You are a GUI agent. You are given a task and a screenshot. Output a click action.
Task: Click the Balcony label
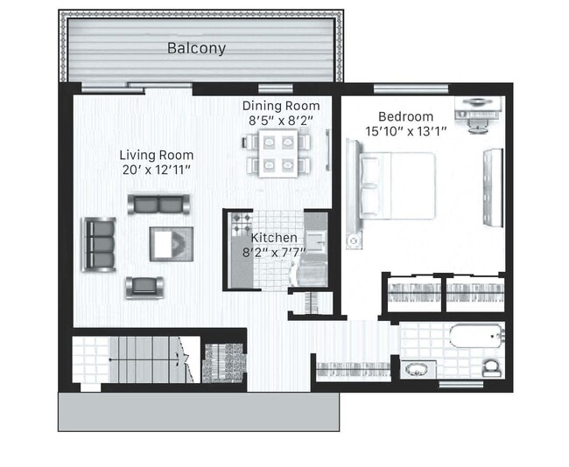pyautogui.click(x=196, y=48)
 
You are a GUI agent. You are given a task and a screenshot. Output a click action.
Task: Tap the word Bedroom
pyautogui.click(x=405, y=116)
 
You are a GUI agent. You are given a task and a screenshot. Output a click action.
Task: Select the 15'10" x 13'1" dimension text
pyautogui.click(x=405, y=131)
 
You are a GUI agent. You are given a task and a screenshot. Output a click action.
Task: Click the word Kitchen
pyautogui.click(x=274, y=238)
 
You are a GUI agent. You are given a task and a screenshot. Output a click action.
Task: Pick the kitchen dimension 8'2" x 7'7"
pyautogui.click(x=274, y=253)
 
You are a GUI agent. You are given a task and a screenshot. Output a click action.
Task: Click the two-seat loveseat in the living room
pyautogui.click(x=158, y=204)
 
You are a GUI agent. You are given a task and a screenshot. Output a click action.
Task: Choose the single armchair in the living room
pyautogui.click(x=144, y=286)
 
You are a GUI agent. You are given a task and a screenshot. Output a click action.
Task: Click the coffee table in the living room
pyautogui.click(x=172, y=243)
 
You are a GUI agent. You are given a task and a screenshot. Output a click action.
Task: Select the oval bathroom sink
pyautogui.click(x=417, y=368)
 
